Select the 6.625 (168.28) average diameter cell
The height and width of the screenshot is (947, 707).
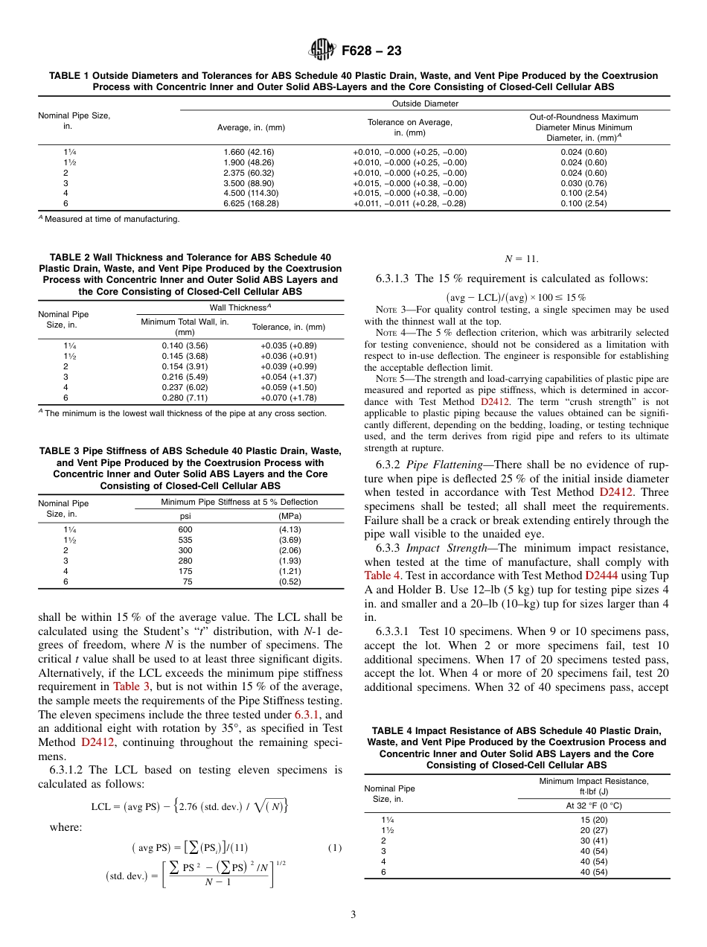coord(251,203)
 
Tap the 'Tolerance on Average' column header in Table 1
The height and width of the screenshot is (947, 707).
coord(409,127)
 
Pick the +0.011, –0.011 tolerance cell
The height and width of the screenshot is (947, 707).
coord(409,203)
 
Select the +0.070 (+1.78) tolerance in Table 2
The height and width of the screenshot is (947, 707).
coord(288,398)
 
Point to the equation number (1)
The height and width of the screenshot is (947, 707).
coord(334,848)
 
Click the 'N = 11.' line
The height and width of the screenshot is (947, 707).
coord(521,259)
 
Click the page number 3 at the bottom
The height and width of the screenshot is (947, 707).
coord(353,915)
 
